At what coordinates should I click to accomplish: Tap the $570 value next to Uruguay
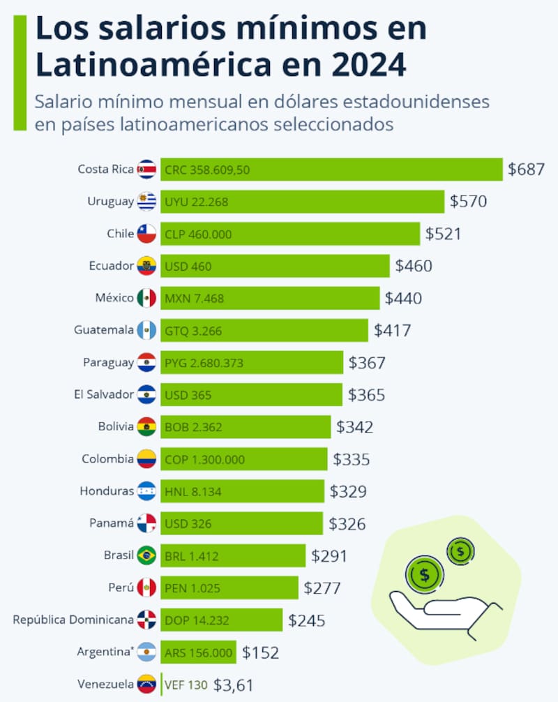(468, 202)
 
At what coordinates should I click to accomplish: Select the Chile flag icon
(146, 234)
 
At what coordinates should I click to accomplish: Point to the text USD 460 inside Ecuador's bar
(188, 267)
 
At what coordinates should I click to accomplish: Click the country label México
(114, 298)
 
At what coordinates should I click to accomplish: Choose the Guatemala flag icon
(146, 330)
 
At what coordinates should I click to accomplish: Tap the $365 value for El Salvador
(366, 395)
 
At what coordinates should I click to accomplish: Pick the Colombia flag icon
(146, 459)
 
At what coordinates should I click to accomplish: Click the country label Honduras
(107, 491)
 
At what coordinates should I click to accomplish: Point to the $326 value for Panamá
(347, 523)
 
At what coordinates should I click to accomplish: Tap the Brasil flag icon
(146, 555)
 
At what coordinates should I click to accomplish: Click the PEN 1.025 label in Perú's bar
(193, 588)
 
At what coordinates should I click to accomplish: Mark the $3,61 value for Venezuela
(233, 685)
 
